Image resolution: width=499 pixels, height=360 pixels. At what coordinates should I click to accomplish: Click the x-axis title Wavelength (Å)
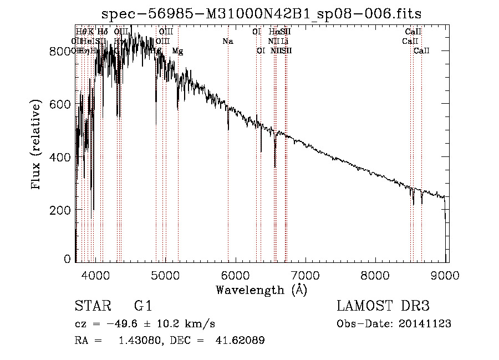tap(261, 289)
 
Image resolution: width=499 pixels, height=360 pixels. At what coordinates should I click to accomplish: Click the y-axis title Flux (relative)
tap(37, 145)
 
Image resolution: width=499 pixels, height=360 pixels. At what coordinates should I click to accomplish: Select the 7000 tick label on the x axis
tap(306, 274)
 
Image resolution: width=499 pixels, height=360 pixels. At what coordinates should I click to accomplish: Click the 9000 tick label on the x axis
tap(446, 274)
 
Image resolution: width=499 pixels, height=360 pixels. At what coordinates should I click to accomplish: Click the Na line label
tap(228, 42)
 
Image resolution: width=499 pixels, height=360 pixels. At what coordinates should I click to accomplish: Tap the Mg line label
tap(177, 51)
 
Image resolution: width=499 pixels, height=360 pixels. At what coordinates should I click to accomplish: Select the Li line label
tap(284, 42)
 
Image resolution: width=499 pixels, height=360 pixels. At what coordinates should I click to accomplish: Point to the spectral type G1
tap(143, 306)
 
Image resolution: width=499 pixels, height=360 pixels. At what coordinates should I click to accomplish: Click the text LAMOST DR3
tap(383, 306)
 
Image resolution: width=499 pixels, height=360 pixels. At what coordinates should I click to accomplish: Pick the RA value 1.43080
tap(138, 341)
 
